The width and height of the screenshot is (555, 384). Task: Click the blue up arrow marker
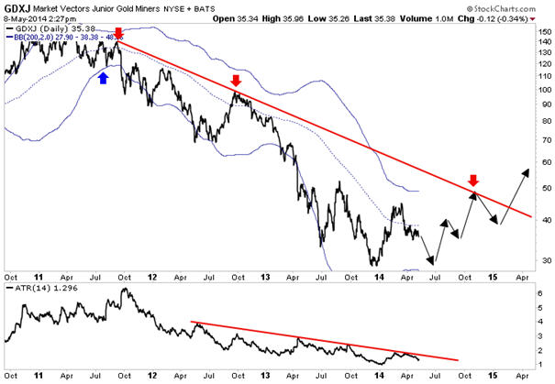click(x=103, y=79)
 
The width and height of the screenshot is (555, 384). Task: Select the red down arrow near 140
click(x=117, y=35)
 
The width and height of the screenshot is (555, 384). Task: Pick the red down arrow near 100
click(x=236, y=81)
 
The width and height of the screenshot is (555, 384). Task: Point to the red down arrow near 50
click(x=473, y=181)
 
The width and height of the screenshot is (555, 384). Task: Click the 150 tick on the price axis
click(x=543, y=30)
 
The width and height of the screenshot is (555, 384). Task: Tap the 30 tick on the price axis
click(x=543, y=260)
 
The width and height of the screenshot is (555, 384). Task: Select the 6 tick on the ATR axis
click(x=541, y=293)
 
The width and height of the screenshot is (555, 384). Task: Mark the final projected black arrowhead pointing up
click(x=527, y=171)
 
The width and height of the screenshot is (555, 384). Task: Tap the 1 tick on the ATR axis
click(x=541, y=365)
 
